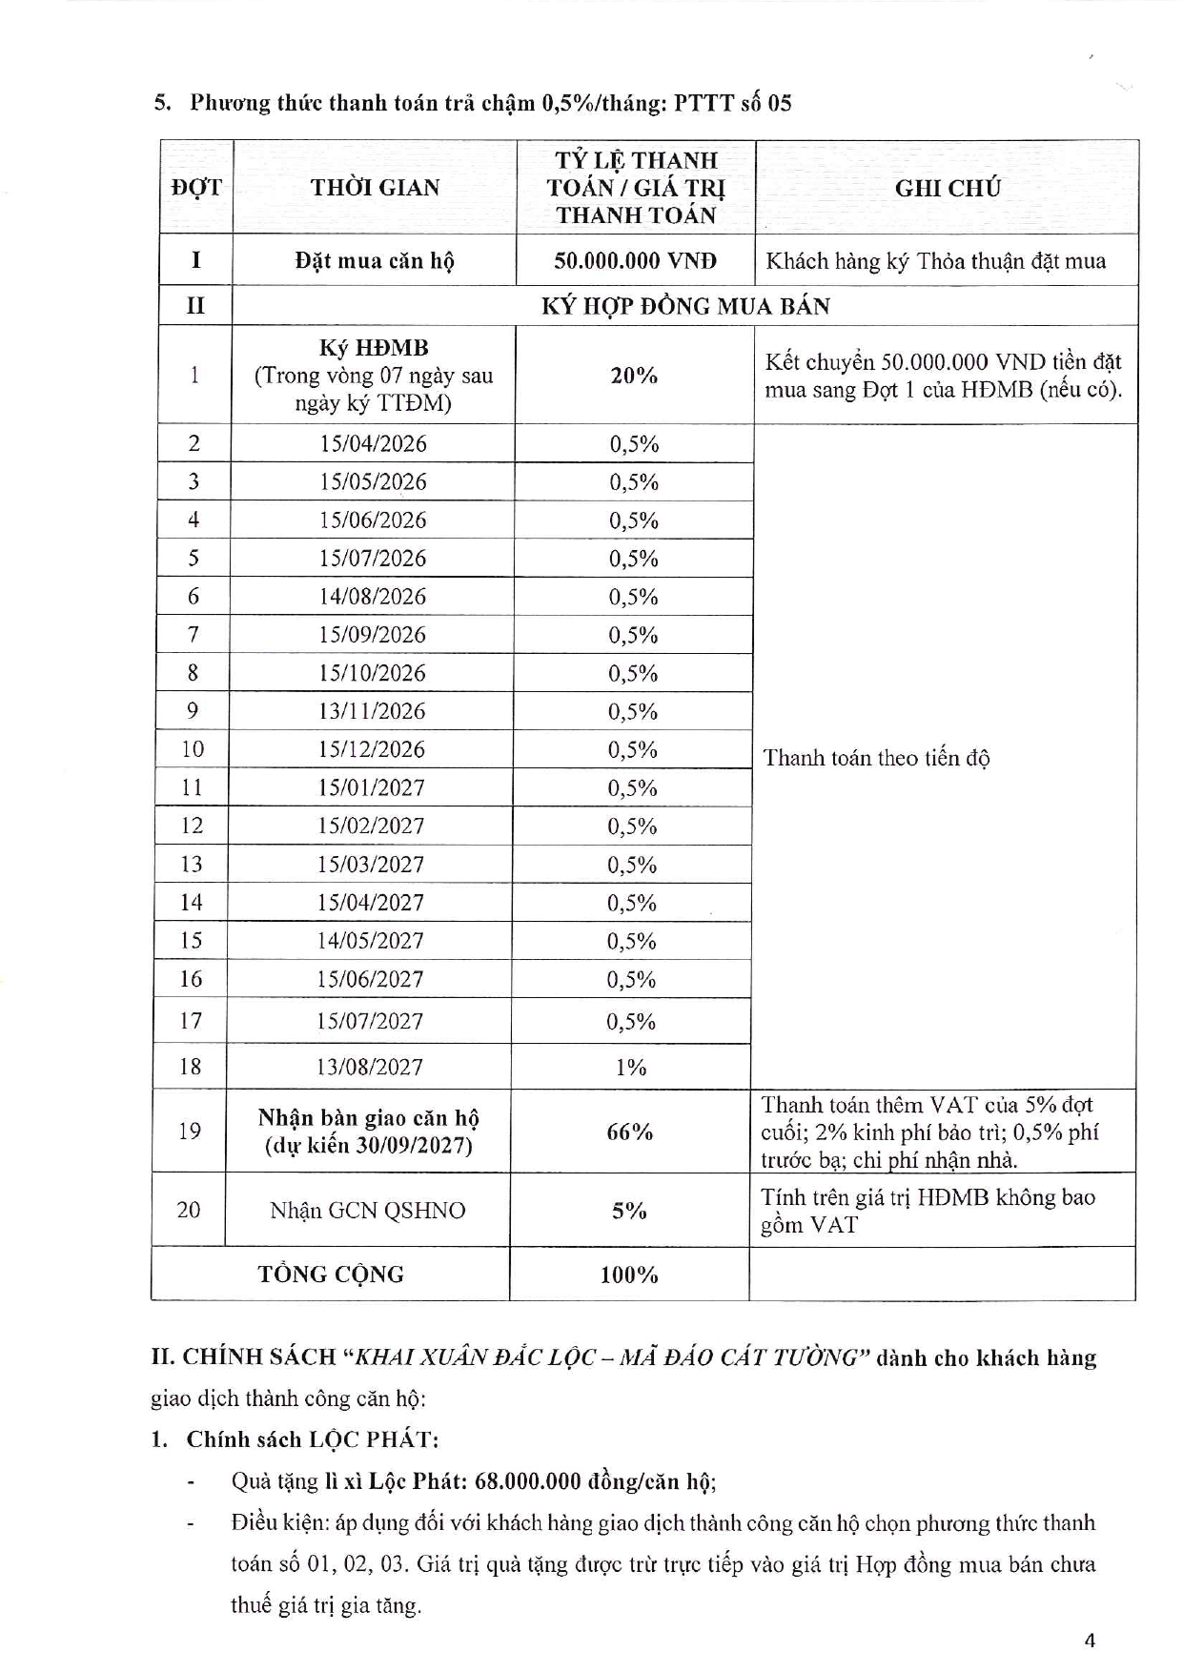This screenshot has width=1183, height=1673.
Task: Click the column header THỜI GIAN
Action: tap(375, 187)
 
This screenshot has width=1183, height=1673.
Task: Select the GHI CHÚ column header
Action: tap(947, 188)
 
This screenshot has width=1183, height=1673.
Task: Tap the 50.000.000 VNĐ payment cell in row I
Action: tap(635, 260)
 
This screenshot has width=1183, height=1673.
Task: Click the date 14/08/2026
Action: tap(373, 597)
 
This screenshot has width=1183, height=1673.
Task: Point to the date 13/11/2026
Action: tap(372, 711)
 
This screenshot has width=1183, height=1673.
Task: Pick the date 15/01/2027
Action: tap(372, 787)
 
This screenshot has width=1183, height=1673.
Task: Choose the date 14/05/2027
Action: tap(371, 941)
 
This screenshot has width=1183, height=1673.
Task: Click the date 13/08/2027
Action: tap(370, 1067)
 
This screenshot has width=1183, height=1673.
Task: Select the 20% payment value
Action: tap(634, 376)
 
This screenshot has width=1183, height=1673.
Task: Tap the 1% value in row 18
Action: tap(630, 1067)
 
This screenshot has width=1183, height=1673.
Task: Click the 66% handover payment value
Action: tap(630, 1132)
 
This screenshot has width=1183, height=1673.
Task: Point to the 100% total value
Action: tap(629, 1275)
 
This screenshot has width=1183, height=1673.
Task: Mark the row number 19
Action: tap(189, 1132)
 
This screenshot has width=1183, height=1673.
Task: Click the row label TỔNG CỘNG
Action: tap(331, 1275)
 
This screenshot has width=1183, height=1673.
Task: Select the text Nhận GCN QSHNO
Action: tap(368, 1211)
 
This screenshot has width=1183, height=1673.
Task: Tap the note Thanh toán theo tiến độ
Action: tap(876, 758)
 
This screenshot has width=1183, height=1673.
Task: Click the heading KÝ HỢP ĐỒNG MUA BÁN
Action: tap(685, 306)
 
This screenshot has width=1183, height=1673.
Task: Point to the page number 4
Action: tap(1090, 1641)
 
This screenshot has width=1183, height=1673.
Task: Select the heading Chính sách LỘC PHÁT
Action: tap(312, 1439)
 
